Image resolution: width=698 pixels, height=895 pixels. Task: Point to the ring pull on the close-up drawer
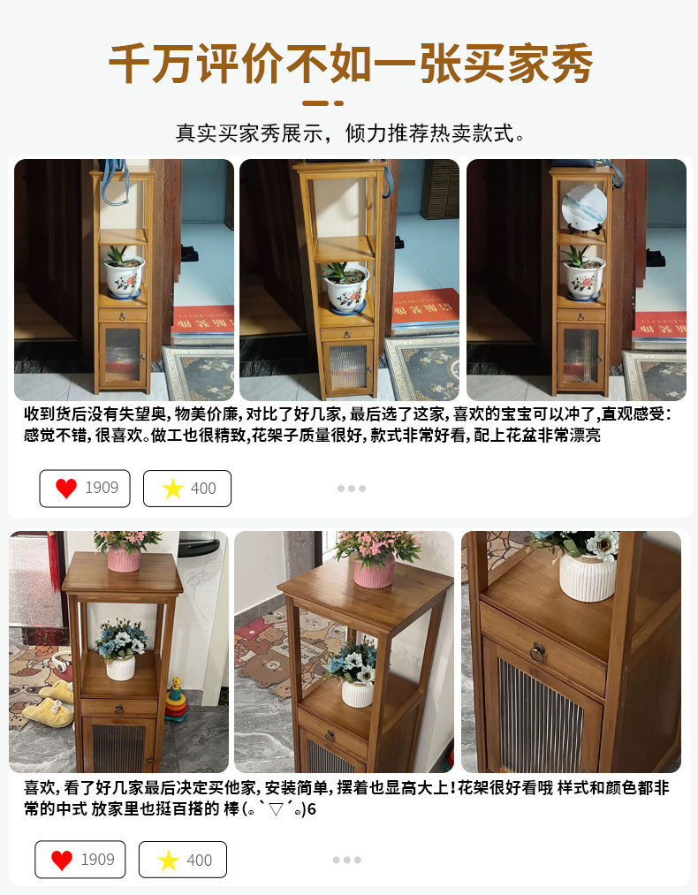coord(537,652)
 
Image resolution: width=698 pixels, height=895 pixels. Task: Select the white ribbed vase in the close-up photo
coord(588,577)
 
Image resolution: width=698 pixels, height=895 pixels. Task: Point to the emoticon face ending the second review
coord(277,808)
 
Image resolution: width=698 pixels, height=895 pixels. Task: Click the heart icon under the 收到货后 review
coord(66,489)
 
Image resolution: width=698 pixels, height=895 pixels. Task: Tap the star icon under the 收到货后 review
coord(172,489)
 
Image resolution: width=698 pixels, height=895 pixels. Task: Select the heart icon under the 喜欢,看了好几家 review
coord(62,861)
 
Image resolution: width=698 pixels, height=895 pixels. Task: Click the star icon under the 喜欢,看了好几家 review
coord(169,861)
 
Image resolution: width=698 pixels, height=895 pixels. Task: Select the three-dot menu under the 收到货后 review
coord(351,489)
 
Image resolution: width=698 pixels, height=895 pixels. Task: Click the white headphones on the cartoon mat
coord(60,662)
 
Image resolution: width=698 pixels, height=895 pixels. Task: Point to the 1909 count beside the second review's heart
coord(97,860)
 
